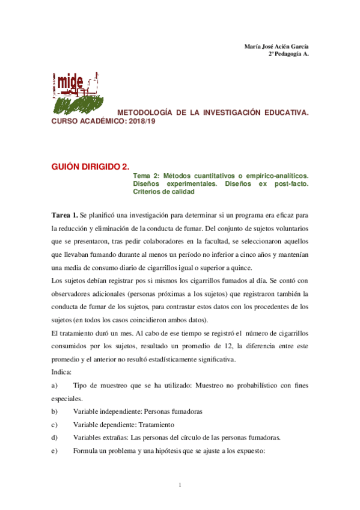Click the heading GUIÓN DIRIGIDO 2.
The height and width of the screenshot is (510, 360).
[90, 164]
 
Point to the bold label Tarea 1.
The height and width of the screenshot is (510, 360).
[64, 215]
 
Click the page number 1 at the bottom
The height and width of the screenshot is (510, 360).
[180, 484]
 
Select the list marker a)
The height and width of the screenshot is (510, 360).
[55, 386]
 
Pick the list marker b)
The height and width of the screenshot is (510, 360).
[55, 411]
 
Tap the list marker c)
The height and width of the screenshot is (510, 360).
[55, 425]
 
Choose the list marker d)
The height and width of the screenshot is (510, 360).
[55, 437]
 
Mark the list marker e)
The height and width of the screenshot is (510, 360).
[55, 450]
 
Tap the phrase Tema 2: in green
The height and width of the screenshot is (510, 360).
[145, 174]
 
